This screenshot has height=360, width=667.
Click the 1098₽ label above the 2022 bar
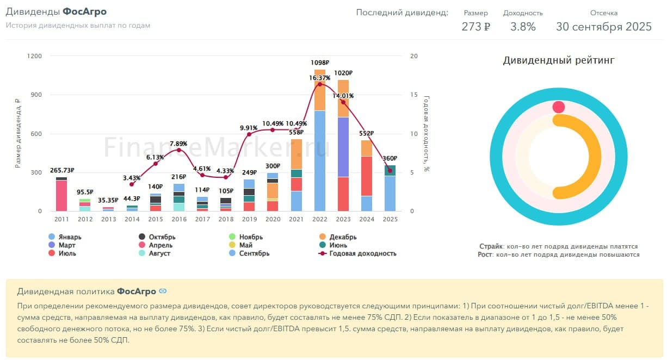(320, 63)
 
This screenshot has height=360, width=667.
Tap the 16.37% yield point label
(320, 78)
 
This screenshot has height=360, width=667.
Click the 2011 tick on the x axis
(61, 219)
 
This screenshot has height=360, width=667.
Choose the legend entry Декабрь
(343, 237)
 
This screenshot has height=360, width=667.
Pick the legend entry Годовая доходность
(363, 253)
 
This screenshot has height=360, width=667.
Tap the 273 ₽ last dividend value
(475, 27)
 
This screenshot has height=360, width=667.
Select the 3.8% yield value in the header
(523, 27)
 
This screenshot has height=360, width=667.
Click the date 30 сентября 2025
(603, 27)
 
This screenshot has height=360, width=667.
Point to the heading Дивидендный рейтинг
(558, 60)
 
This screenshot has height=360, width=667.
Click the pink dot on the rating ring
(559, 107)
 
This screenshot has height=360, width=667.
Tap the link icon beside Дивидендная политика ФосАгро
(163, 291)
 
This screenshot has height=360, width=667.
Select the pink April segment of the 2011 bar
(61, 196)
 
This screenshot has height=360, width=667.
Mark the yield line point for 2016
(179, 150)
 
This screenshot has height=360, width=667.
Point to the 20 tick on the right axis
(414, 56)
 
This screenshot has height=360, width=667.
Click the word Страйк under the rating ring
(491, 246)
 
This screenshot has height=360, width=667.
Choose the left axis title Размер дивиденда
(18, 133)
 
